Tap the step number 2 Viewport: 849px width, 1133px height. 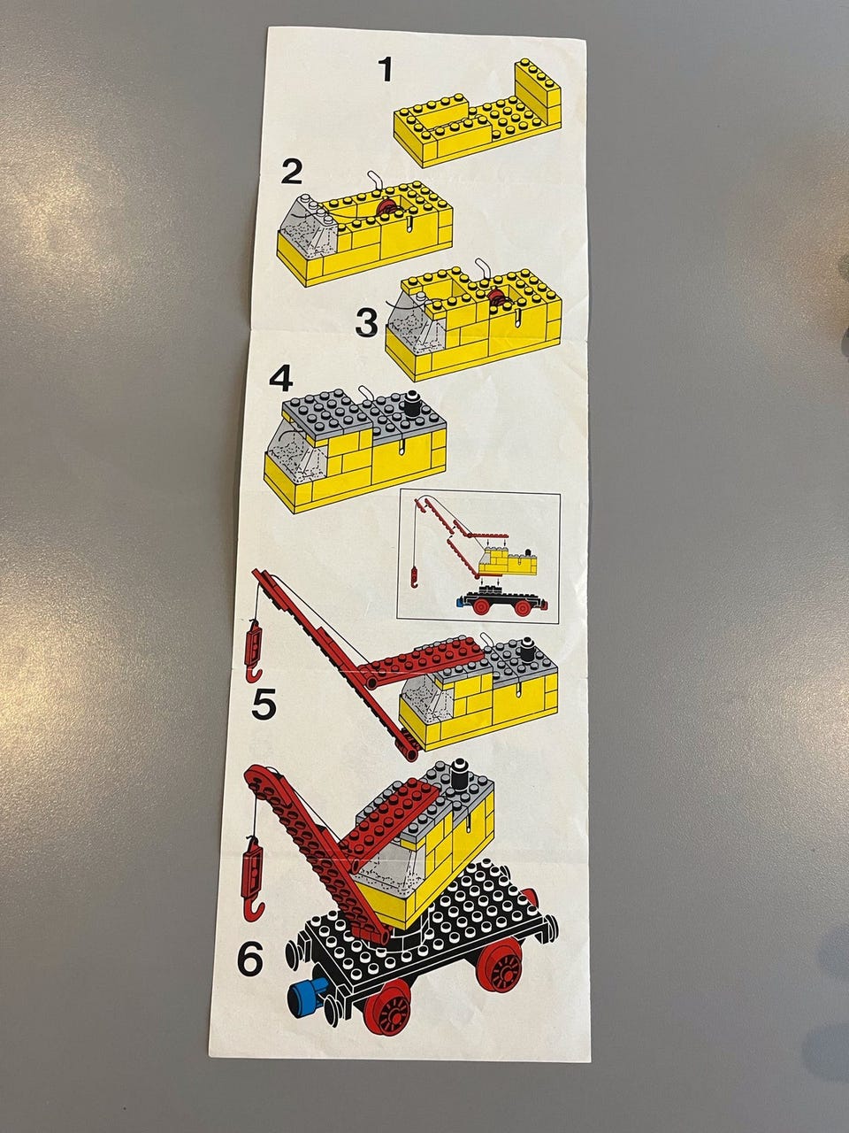[x=291, y=172]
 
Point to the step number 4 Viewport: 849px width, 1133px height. [x=281, y=380]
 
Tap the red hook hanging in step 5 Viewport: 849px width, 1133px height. [x=254, y=655]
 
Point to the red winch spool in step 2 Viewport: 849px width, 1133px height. [x=386, y=209]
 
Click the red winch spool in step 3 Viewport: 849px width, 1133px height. [x=498, y=297]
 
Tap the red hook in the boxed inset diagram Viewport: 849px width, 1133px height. [x=413, y=577]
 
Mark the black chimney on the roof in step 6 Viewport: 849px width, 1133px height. [x=457, y=778]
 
